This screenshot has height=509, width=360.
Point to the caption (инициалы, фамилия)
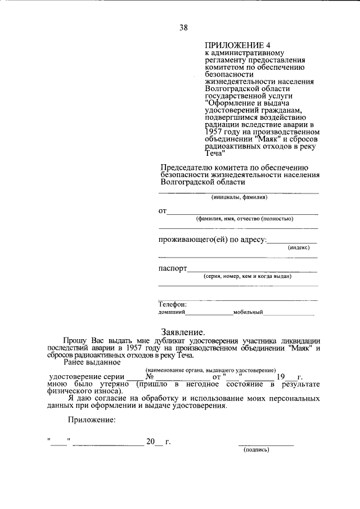pyautogui.click(x=238, y=197)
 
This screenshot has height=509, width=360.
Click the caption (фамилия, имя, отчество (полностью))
pyautogui.click(x=244, y=219)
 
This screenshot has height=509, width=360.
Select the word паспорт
pyautogui.click(x=172, y=269)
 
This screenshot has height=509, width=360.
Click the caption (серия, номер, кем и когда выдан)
pyautogui.click(x=247, y=277)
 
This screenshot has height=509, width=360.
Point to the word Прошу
pyautogui.click(x=75, y=341)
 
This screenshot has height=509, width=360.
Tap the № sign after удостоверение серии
pyautogui.click(x=150, y=376)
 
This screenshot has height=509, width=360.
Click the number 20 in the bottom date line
pyautogui.click(x=150, y=442)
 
